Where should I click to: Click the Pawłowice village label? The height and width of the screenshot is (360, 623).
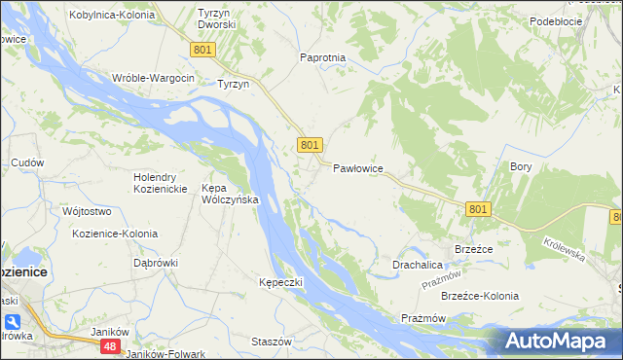click(358, 168)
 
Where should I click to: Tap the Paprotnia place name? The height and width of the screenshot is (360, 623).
click(323, 57)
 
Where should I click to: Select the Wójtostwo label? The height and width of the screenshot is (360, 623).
click(86, 211)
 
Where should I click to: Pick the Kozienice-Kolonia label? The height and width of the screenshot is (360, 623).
click(115, 234)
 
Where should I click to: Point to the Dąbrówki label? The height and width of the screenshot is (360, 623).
click(156, 262)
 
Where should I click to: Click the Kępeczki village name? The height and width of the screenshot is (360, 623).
click(281, 282)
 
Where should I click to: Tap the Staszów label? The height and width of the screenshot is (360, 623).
click(272, 342)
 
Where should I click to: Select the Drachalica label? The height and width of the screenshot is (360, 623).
click(418, 265)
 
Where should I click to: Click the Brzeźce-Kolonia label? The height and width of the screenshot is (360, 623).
click(480, 296)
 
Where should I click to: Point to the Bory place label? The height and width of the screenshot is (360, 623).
click(521, 166)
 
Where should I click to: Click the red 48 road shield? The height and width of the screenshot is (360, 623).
click(111, 346)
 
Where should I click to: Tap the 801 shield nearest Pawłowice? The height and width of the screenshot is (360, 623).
click(310, 145)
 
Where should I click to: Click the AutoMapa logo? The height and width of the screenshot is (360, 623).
click(559, 341)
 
